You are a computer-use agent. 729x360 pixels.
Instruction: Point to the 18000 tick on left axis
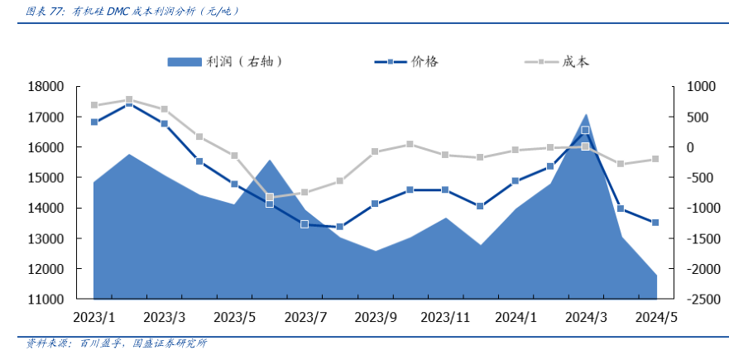(x=46, y=86)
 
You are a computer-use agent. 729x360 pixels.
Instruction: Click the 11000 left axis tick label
(x=46, y=300)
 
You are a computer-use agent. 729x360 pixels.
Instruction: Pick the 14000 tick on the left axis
(x=46, y=209)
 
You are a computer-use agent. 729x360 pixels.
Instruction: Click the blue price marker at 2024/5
(x=656, y=223)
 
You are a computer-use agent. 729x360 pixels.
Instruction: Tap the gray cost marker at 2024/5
(x=656, y=159)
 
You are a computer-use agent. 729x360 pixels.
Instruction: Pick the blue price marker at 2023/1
(x=94, y=122)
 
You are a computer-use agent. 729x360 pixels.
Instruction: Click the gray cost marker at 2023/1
(x=94, y=105)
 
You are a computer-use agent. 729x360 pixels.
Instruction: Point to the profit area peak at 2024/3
(x=586, y=114)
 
